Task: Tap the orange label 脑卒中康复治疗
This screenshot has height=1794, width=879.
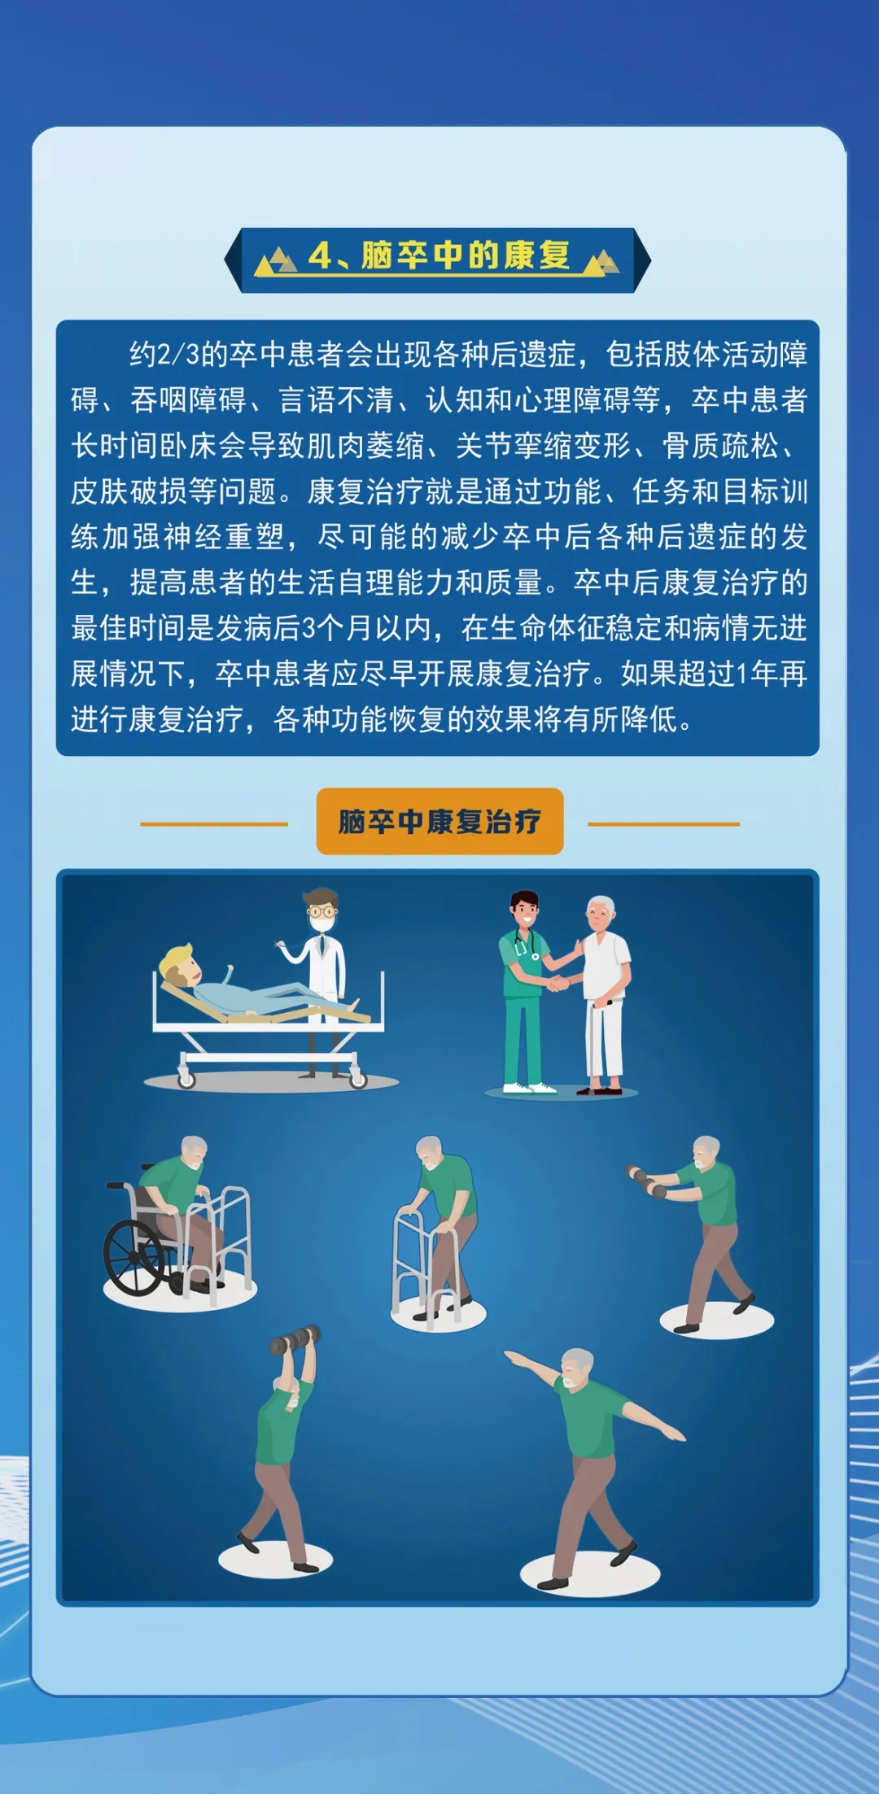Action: pyautogui.click(x=439, y=821)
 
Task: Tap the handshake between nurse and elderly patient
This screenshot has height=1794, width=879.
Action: pyautogui.click(x=559, y=983)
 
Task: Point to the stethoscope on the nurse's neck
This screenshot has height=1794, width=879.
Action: pyautogui.click(x=524, y=943)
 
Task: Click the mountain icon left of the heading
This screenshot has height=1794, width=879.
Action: pyautogui.click(x=277, y=261)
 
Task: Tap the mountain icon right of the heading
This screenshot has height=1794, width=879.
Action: pyautogui.click(x=601, y=261)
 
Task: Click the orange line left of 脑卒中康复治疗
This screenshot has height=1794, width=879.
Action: pyautogui.click(x=214, y=824)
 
